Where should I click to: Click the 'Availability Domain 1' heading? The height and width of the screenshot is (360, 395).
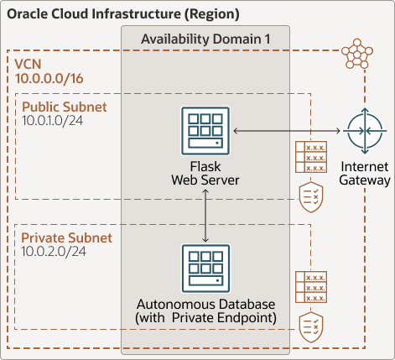pos(205,39)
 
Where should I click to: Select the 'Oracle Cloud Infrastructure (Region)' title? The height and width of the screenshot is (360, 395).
pos(123,14)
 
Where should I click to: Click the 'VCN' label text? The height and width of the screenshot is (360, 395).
pos(30,65)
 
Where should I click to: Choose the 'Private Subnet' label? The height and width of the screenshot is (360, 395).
pos(66,238)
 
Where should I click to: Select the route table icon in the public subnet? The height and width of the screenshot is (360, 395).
pos(310,156)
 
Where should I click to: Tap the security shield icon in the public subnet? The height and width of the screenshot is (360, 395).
pos(310,196)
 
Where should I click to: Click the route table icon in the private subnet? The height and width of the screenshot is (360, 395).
pos(310,288)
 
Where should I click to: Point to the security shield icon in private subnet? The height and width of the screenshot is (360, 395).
pos(310,326)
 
